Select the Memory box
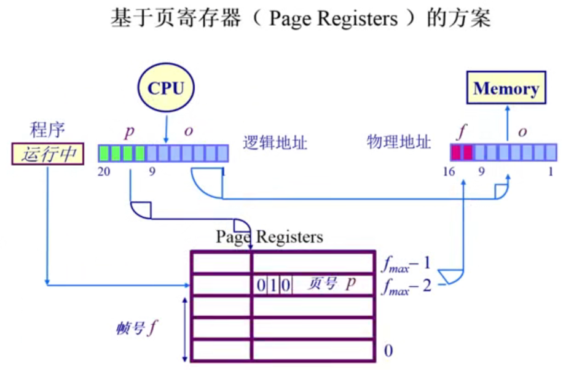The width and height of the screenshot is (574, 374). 506,89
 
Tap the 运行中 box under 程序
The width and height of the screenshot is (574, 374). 47,154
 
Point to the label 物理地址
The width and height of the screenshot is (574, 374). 399,142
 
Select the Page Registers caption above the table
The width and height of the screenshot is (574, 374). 269,236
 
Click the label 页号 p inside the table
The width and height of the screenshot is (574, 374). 332,285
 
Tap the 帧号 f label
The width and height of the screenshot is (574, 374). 137,329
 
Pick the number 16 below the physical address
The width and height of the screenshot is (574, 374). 449,172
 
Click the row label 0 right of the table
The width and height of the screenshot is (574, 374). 388,351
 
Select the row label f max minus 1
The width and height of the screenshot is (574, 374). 406,265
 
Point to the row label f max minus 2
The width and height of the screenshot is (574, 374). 406,286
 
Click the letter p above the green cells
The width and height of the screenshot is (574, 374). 129,131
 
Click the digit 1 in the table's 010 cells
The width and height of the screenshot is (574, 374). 273,286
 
